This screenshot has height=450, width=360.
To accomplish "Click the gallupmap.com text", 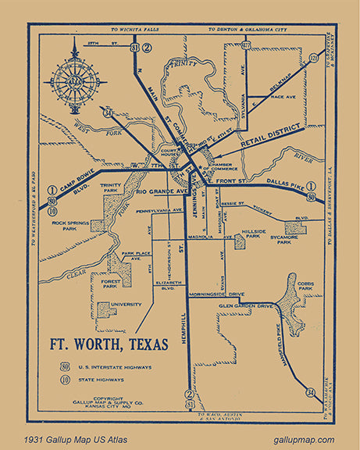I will pyautogui.click(x=304, y=441).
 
